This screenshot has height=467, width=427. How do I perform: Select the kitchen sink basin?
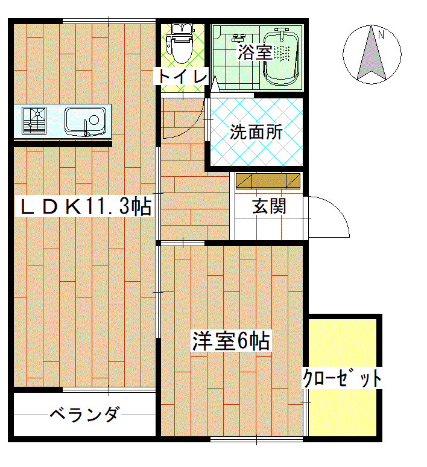(x=85, y=121)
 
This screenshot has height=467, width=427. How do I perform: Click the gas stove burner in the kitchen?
(x=34, y=120)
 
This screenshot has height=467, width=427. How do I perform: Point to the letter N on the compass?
(x=381, y=35)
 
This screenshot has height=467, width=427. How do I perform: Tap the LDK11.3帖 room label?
(x=84, y=206)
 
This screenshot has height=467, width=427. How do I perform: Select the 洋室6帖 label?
(x=231, y=341)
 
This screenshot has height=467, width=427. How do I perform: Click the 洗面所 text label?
(x=256, y=132)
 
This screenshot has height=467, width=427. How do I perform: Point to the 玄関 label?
(x=269, y=206)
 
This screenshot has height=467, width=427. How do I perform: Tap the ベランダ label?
(x=85, y=415)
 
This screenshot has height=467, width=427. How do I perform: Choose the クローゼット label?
(x=342, y=378)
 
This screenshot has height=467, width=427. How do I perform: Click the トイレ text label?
(x=182, y=76)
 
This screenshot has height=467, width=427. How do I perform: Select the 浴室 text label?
(x=255, y=52)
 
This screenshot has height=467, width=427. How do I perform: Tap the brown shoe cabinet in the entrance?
(x=268, y=181)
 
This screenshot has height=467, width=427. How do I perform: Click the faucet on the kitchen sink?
(x=86, y=128)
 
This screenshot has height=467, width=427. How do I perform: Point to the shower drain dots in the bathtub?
(x=282, y=54)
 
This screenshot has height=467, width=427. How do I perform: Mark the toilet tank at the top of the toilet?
(x=182, y=28)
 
